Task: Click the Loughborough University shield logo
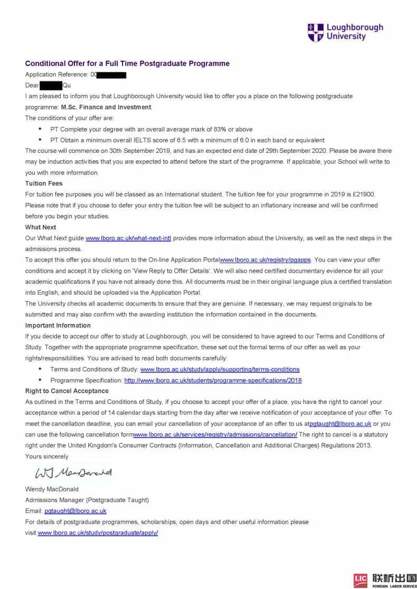(x=315, y=32)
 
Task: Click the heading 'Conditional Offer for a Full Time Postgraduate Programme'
(x=127, y=63)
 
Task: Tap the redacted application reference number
(x=111, y=75)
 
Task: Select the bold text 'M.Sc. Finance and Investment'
(x=106, y=107)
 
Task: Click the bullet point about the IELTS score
(x=187, y=140)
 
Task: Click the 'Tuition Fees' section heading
(x=44, y=184)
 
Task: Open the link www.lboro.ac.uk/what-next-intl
(x=128, y=238)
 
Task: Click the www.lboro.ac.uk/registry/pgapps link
(x=266, y=260)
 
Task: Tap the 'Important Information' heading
(x=58, y=325)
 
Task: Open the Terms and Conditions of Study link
(x=220, y=369)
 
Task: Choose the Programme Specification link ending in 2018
(x=213, y=380)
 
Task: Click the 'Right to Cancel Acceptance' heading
(x=67, y=391)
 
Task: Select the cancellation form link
(x=215, y=434)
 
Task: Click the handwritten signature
(x=74, y=472)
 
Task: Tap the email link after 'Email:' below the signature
(x=75, y=511)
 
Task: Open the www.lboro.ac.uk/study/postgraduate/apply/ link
(x=98, y=533)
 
